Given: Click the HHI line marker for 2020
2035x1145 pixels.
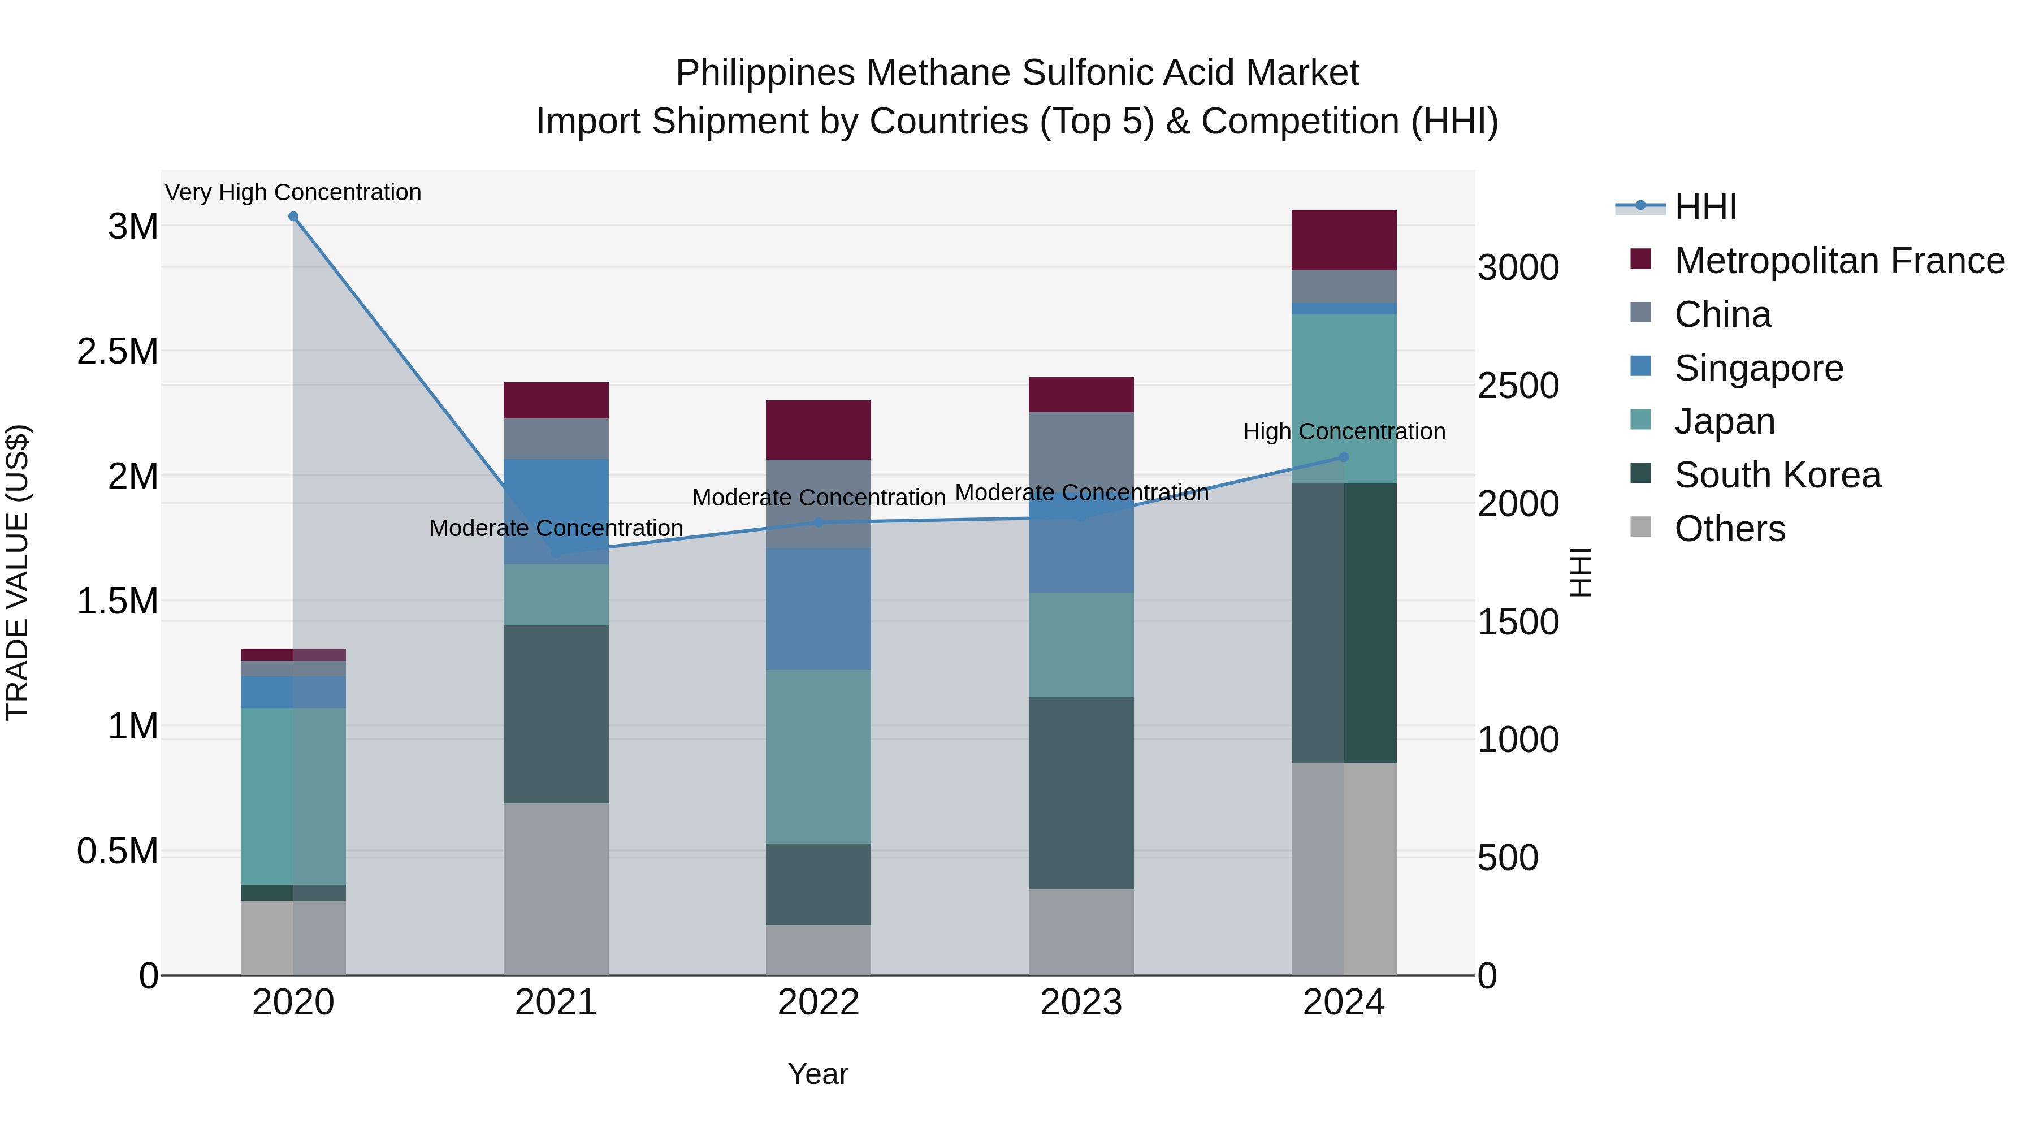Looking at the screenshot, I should point(293,217).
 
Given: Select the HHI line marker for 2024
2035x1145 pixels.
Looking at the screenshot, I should point(1344,457).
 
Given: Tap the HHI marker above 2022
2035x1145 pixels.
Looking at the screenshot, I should point(819,522).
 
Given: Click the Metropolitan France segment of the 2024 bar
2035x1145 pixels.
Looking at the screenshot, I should point(1344,240).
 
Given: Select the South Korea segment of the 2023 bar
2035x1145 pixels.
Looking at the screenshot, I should point(1081,793).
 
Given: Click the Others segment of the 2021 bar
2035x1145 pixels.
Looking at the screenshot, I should point(556,889).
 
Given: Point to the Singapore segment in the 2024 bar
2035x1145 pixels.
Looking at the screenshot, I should point(1344,309).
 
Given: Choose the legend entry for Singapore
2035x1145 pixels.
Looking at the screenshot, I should point(1759,368).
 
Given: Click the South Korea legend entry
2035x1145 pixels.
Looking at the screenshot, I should point(1777,476).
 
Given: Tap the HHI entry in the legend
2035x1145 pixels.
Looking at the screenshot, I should point(1705,207).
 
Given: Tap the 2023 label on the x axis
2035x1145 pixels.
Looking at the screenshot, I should point(1081,1003).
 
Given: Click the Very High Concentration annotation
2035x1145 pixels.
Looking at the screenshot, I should point(293,192).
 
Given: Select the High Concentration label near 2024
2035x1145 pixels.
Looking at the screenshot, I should point(1344,431).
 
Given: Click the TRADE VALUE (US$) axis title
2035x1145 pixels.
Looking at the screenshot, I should point(18,572).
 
